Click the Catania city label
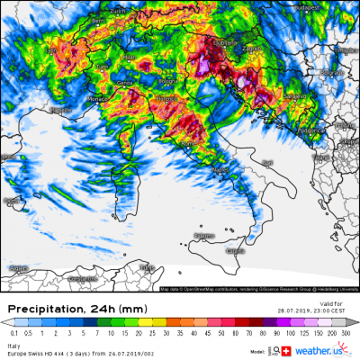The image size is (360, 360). tap(235, 251)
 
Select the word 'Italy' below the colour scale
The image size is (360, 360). tap(13, 344)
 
